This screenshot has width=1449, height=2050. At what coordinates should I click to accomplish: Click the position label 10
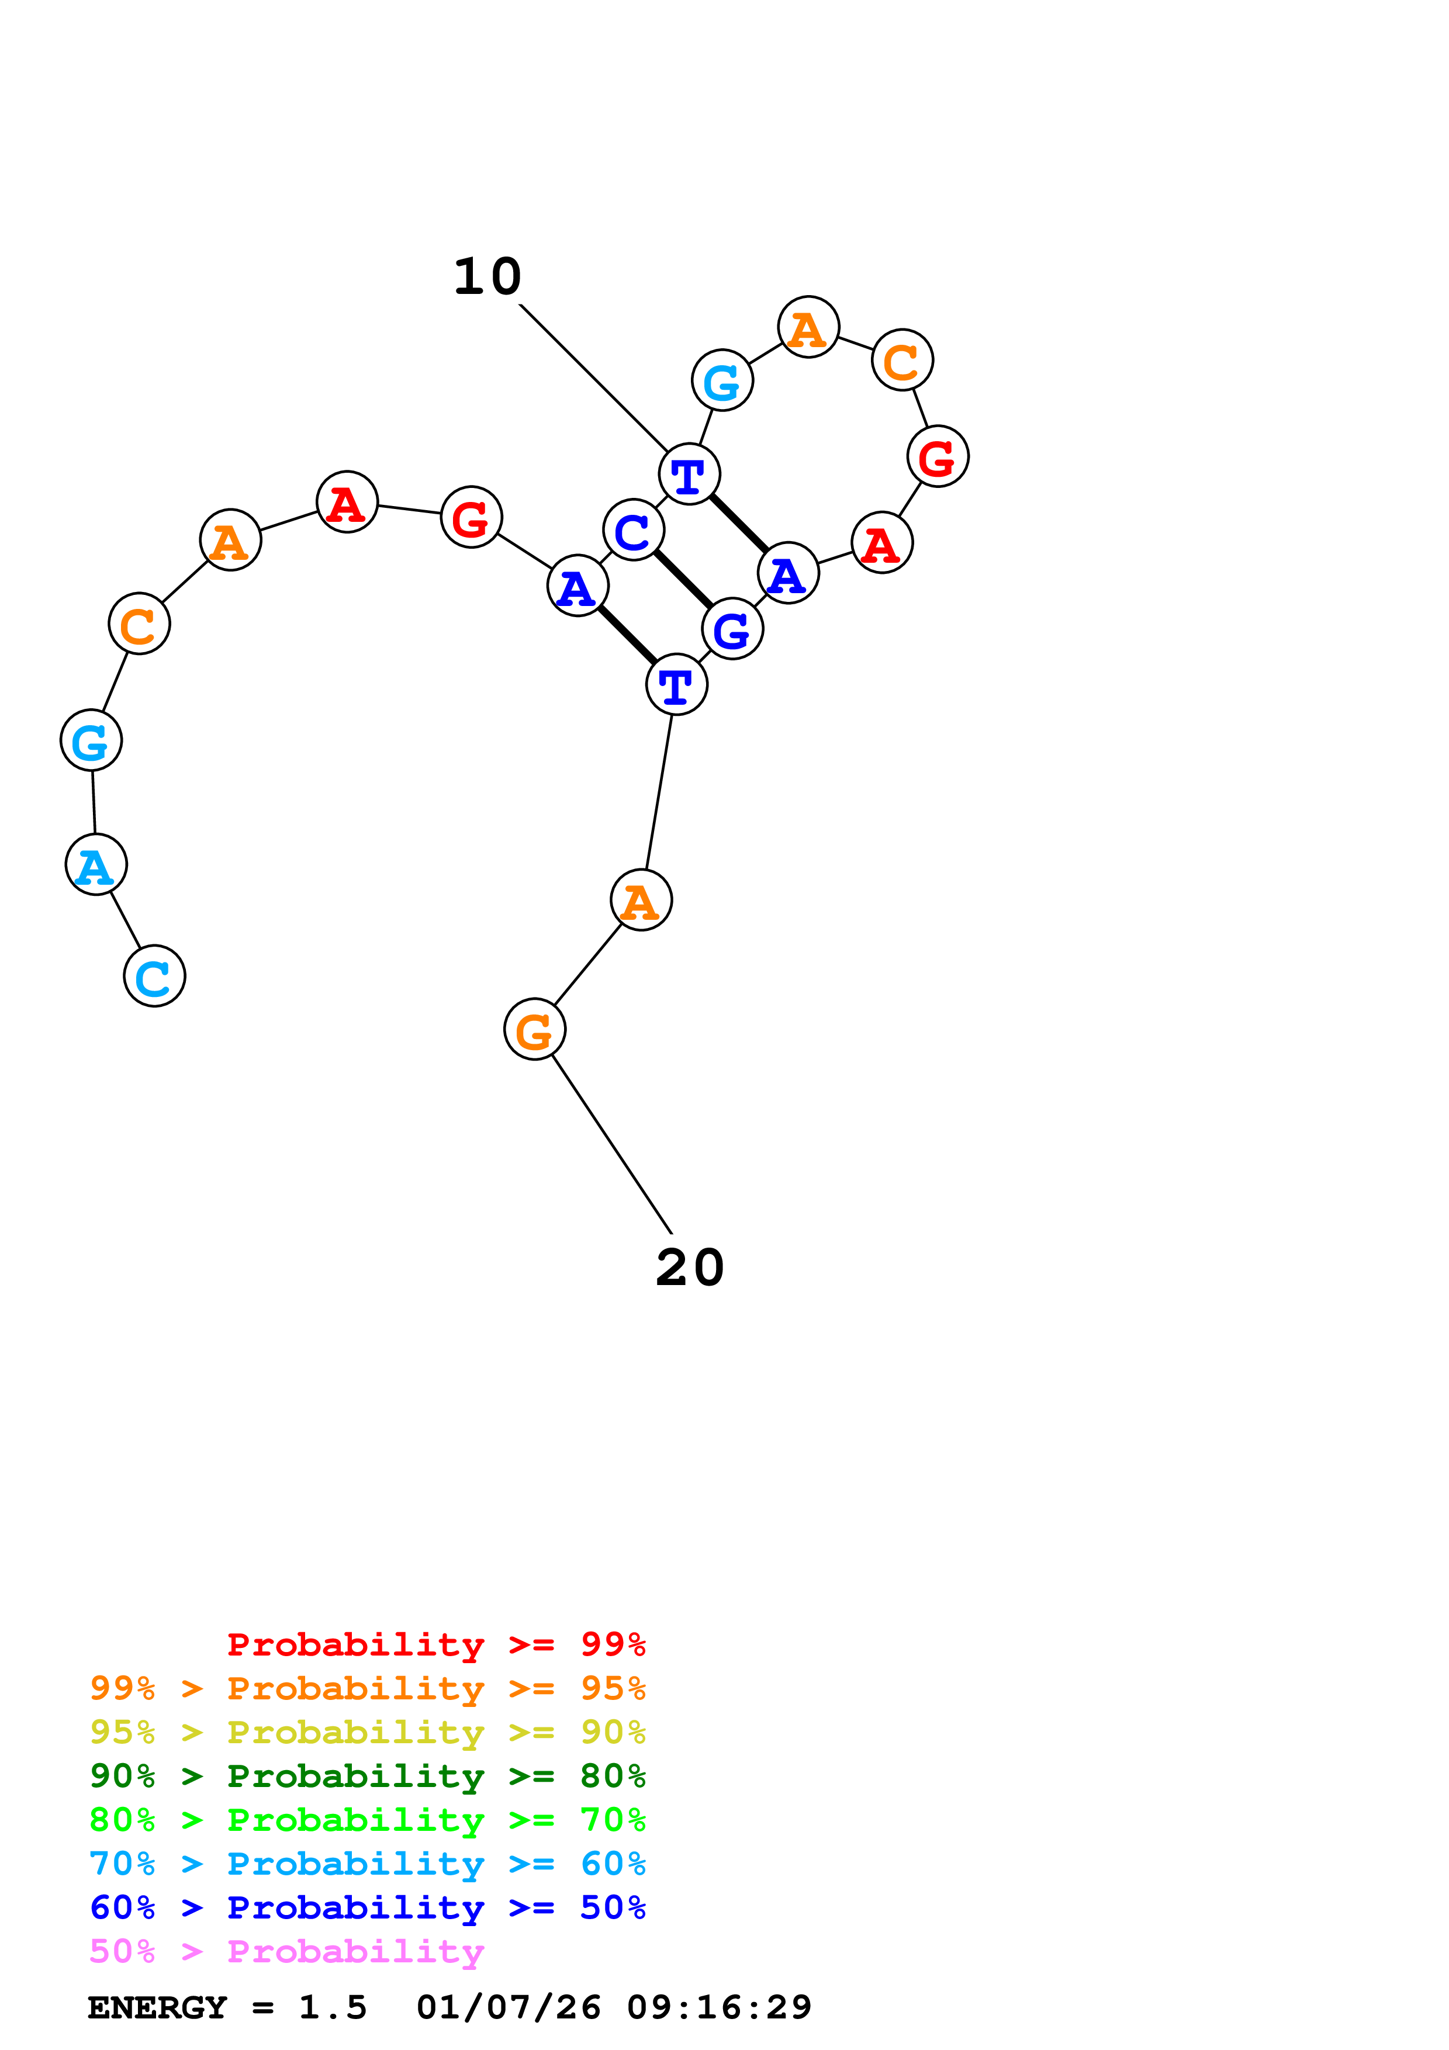487,277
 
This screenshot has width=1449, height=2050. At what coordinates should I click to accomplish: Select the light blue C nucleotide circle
154,976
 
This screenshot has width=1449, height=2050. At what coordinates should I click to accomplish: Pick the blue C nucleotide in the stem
633,531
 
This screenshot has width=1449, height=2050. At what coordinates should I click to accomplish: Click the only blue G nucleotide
732,629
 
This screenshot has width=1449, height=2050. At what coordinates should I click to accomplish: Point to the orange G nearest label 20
535,1030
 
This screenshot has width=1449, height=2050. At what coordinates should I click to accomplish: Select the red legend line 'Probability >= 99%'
435,1644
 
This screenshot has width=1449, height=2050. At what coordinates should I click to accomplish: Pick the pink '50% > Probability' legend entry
286,1952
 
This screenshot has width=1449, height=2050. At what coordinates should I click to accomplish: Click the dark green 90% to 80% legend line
367,1777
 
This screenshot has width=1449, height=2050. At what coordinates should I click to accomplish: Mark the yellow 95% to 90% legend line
367,1733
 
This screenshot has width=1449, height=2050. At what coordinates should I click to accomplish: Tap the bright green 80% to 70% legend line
367,1820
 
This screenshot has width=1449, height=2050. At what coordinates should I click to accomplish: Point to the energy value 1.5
332,2008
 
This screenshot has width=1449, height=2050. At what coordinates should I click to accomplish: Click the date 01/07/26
508,2008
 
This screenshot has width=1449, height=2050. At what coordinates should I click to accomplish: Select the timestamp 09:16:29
719,2008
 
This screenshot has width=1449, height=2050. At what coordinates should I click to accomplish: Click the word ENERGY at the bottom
157,2008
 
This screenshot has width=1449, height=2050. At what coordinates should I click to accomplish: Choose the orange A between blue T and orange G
641,900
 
